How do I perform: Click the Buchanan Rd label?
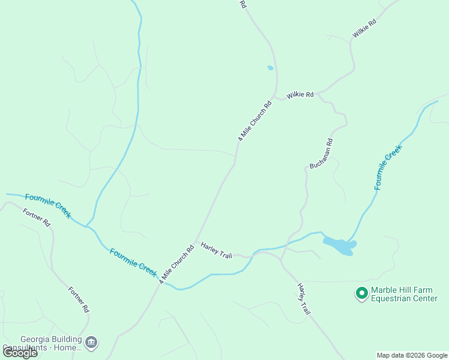321,154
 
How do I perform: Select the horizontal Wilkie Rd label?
300,95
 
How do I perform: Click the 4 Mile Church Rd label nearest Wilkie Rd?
255,121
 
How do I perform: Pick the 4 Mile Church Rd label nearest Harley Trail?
176,264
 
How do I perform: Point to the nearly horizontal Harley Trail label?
216,251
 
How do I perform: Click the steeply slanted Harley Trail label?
304,300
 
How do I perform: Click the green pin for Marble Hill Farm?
361,293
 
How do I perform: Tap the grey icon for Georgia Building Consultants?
91,343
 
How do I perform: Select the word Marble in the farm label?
385,290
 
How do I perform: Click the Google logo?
20,352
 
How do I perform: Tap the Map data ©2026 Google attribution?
412,355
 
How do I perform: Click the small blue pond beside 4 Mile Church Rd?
270,68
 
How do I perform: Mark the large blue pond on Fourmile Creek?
340,245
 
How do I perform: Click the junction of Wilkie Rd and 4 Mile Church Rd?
274,95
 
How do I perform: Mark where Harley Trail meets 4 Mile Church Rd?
197,242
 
